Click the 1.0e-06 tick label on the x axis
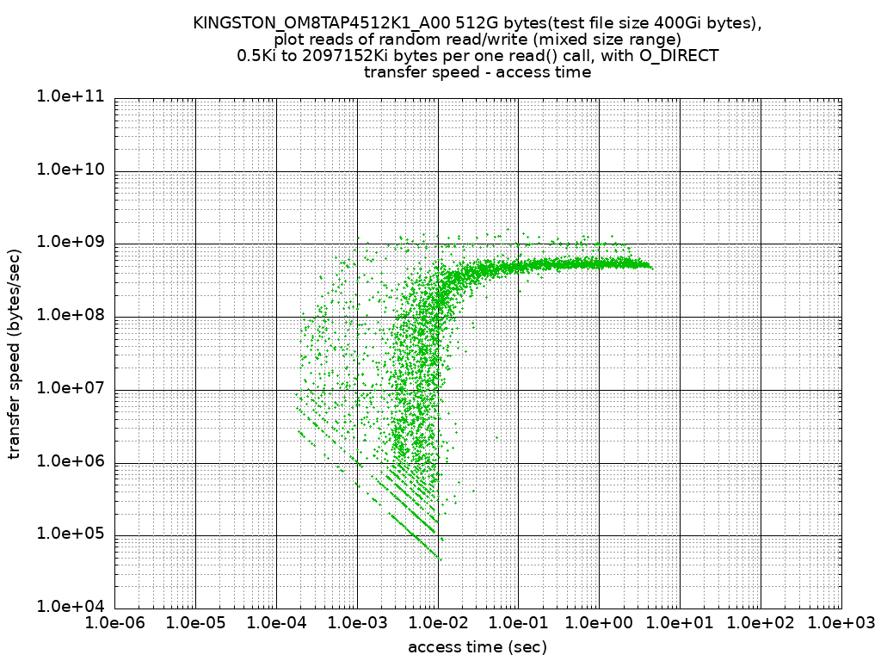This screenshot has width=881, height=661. pos(114,622)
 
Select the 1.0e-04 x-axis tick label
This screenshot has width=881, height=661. pos(276,622)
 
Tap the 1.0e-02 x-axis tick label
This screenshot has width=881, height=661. pos(438,622)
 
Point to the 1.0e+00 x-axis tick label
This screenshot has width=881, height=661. pos(600,622)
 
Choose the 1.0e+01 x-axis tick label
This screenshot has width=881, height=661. pos(681,622)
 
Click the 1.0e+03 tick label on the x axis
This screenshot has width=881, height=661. pos(841,622)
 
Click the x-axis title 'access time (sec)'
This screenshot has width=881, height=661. pos(477,646)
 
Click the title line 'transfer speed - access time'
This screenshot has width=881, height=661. pos(477,72)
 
